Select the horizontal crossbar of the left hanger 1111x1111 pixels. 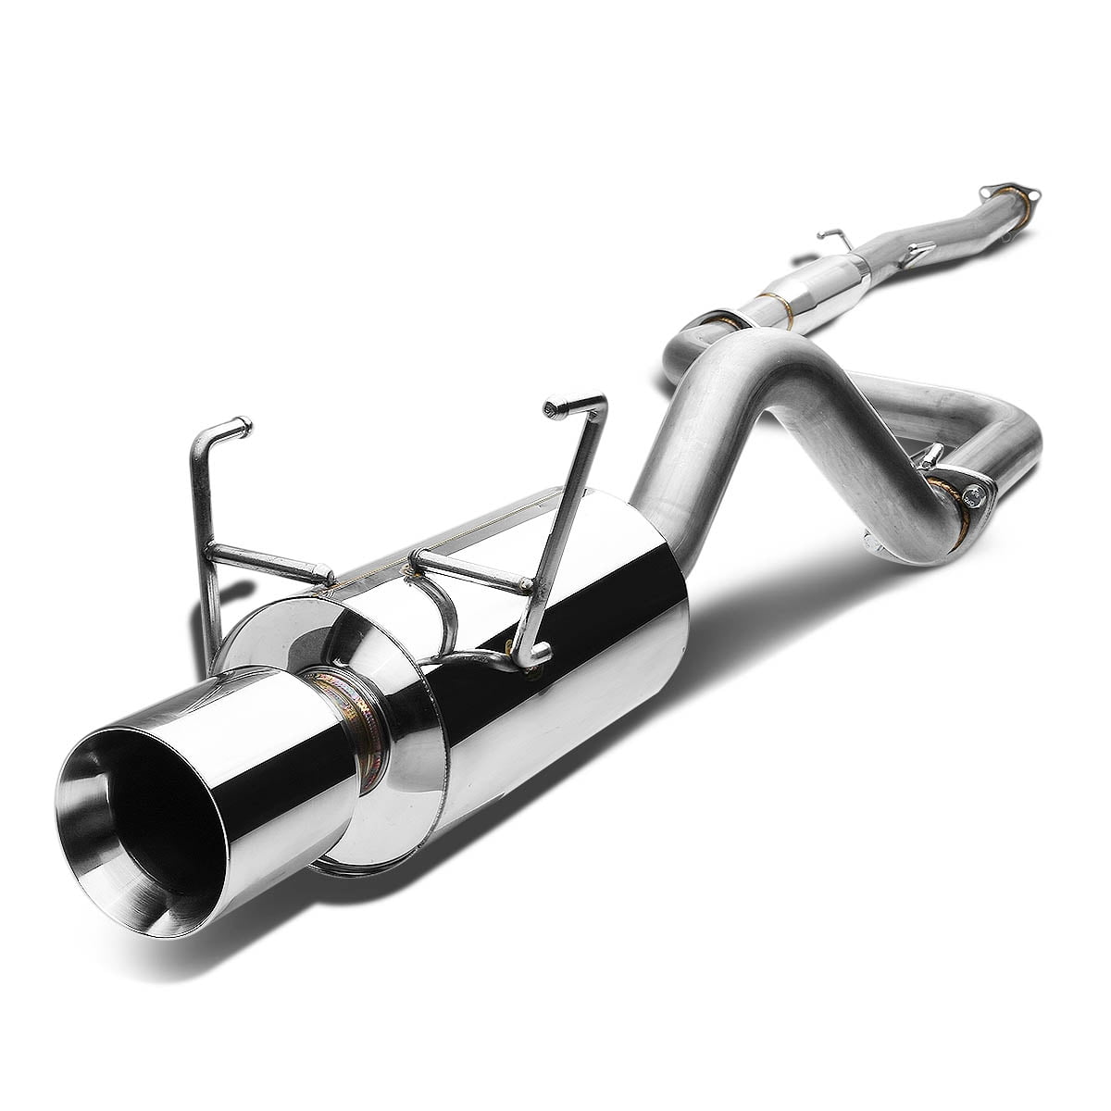pyautogui.click(x=268, y=561)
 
